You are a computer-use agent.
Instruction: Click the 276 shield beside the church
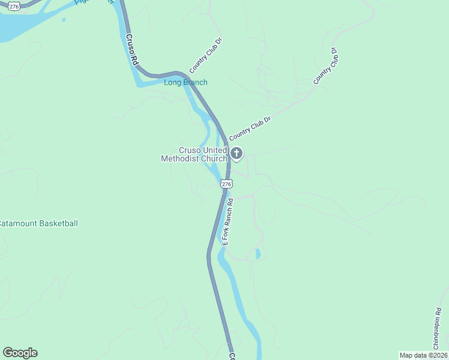pyautogui.click(x=226, y=184)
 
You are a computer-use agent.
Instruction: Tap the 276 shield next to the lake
pyautogui.click(x=15, y=5)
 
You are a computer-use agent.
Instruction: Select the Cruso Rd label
pyautogui.click(x=132, y=49)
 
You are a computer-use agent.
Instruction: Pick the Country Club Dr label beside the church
pyautogui.click(x=250, y=127)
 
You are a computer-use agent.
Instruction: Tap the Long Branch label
pyautogui.click(x=185, y=82)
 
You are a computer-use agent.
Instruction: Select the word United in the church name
pyautogui.click(x=214, y=150)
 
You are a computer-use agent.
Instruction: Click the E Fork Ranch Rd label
pyautogui.click(x=228, y=221)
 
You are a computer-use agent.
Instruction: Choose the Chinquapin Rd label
pyautogui.click(x=436, y=329)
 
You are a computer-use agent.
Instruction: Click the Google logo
pyautogui.click(x=20, y=353)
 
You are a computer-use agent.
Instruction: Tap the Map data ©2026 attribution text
pyautogui.click(x=423, y=355)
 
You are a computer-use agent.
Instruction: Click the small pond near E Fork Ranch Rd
pyautogui.click(x=258, y=254)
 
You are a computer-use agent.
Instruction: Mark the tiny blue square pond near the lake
pyautogui.click(x=63, y=20)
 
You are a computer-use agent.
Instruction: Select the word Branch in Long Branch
pyautogui.click(x=194, y=82)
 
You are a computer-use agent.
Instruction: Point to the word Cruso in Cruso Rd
pyautogui.click(x=130, y=44)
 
